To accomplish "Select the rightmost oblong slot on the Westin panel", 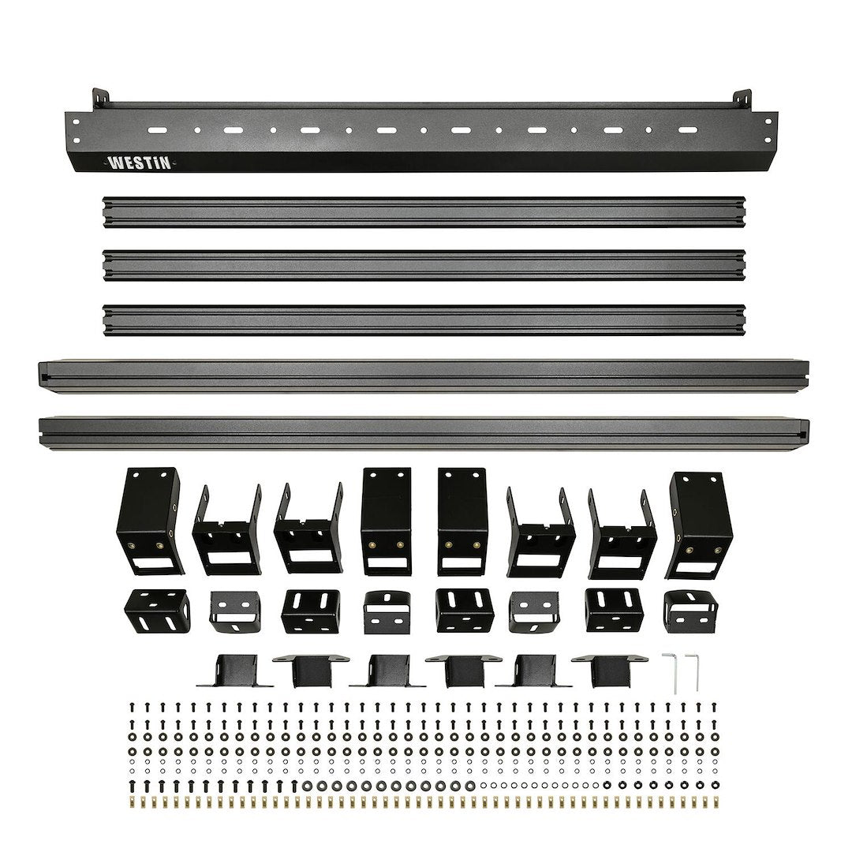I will click(x=687, y=129).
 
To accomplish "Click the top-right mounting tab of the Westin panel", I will click(x=741, y=99).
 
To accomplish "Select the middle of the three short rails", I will click(x=424, y=265).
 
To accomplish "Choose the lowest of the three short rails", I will click(x=424, y=319).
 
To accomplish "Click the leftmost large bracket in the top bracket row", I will click(x=150, y=521).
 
